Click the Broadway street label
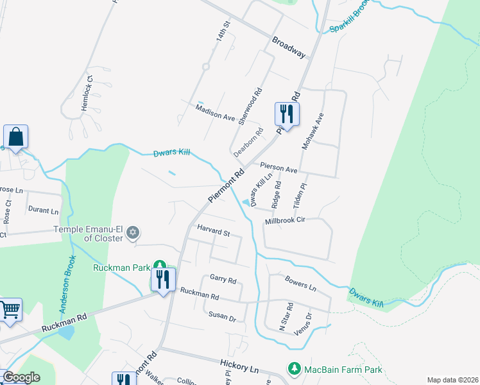coord(288,47)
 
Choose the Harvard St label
coord(213,231)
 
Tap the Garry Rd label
coord(223,280)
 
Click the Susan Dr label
coord(222,316)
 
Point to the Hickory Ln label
coord(237,368)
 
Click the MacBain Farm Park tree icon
coord(294,369)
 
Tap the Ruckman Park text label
coord(121,268)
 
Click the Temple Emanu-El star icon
coord(133,232)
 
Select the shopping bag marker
coord(15,137)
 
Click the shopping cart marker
coord(10,310)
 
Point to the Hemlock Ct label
coord(87,94)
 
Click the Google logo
coord(21,377)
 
